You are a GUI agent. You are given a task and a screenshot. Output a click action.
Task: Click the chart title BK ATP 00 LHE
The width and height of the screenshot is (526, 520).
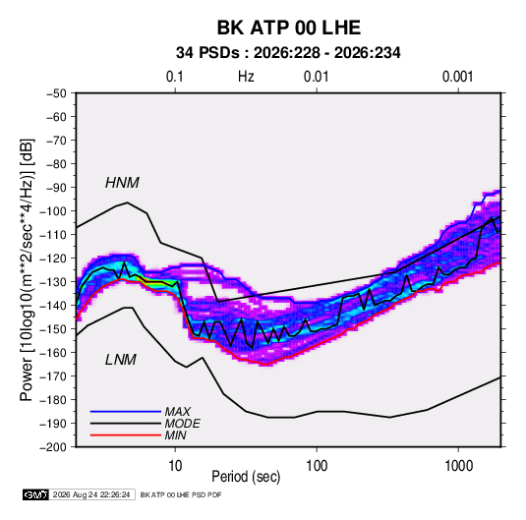(289, 28)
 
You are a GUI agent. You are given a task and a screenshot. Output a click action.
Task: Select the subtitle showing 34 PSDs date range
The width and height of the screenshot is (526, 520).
(288, 53)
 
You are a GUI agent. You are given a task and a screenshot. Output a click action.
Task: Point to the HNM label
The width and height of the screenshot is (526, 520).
(122, 183)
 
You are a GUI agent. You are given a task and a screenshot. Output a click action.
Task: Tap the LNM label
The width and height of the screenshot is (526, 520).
(121, 360)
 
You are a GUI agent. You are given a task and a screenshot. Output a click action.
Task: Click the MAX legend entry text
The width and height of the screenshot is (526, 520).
(178, 411)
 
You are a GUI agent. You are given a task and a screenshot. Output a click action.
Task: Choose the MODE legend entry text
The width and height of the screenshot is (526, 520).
(183, 424)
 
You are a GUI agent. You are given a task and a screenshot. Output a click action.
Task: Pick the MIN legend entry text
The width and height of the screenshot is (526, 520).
(175, 435)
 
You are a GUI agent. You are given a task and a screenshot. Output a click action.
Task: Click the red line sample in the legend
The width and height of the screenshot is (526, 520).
(126, 435)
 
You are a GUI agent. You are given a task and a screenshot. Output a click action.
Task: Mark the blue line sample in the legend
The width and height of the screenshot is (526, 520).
(126, 411)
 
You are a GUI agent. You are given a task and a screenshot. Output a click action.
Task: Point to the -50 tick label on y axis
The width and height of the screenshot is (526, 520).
(56, 93)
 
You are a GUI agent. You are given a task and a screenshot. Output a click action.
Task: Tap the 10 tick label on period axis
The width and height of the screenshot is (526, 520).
(175, 466)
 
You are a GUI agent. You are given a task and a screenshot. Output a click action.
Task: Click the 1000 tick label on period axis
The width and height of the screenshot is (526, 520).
(458, 466)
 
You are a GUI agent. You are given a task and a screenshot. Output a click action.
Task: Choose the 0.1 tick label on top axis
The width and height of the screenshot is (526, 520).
(175, 77)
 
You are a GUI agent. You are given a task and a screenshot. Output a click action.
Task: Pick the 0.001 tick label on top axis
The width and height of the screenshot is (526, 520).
(458, 77)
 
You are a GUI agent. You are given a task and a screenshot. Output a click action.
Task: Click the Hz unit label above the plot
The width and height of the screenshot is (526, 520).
(246, 77)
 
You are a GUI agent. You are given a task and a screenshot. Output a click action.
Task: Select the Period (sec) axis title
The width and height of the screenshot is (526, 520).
(246, 477)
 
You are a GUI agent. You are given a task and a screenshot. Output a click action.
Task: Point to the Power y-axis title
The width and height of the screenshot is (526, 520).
(27, 270)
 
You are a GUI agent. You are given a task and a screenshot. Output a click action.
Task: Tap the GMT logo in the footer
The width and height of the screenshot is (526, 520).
(36, 494)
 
